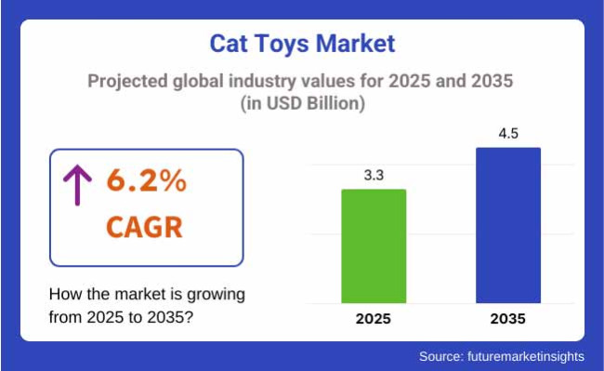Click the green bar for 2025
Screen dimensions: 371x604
pyautogui.click(x=374, y=245)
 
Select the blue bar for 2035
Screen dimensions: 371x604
pyautogui.click(x=508, y=224)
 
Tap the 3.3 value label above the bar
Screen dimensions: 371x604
pyautogui.click(x=374, y=174)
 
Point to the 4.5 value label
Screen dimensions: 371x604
pyautogui.click(x=508, y=132)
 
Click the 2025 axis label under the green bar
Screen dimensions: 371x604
pyautogui.click(x=374, y=319)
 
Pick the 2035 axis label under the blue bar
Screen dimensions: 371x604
pyautogui.click(x=508, y=319)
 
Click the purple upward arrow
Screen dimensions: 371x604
pyautogui.click(x=72, y=186)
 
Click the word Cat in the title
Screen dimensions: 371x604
pyautogui.click(x=230, y=44)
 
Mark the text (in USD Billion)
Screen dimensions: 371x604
pyautogui.click(x=302, y=104)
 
